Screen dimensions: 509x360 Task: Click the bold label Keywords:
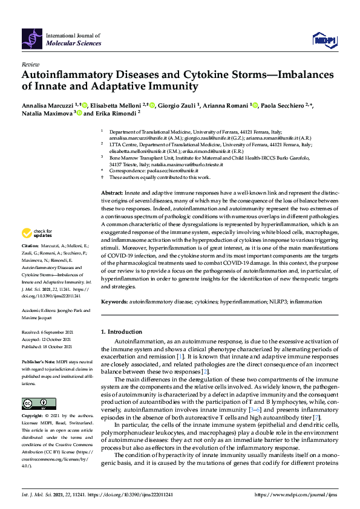point(114,301)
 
